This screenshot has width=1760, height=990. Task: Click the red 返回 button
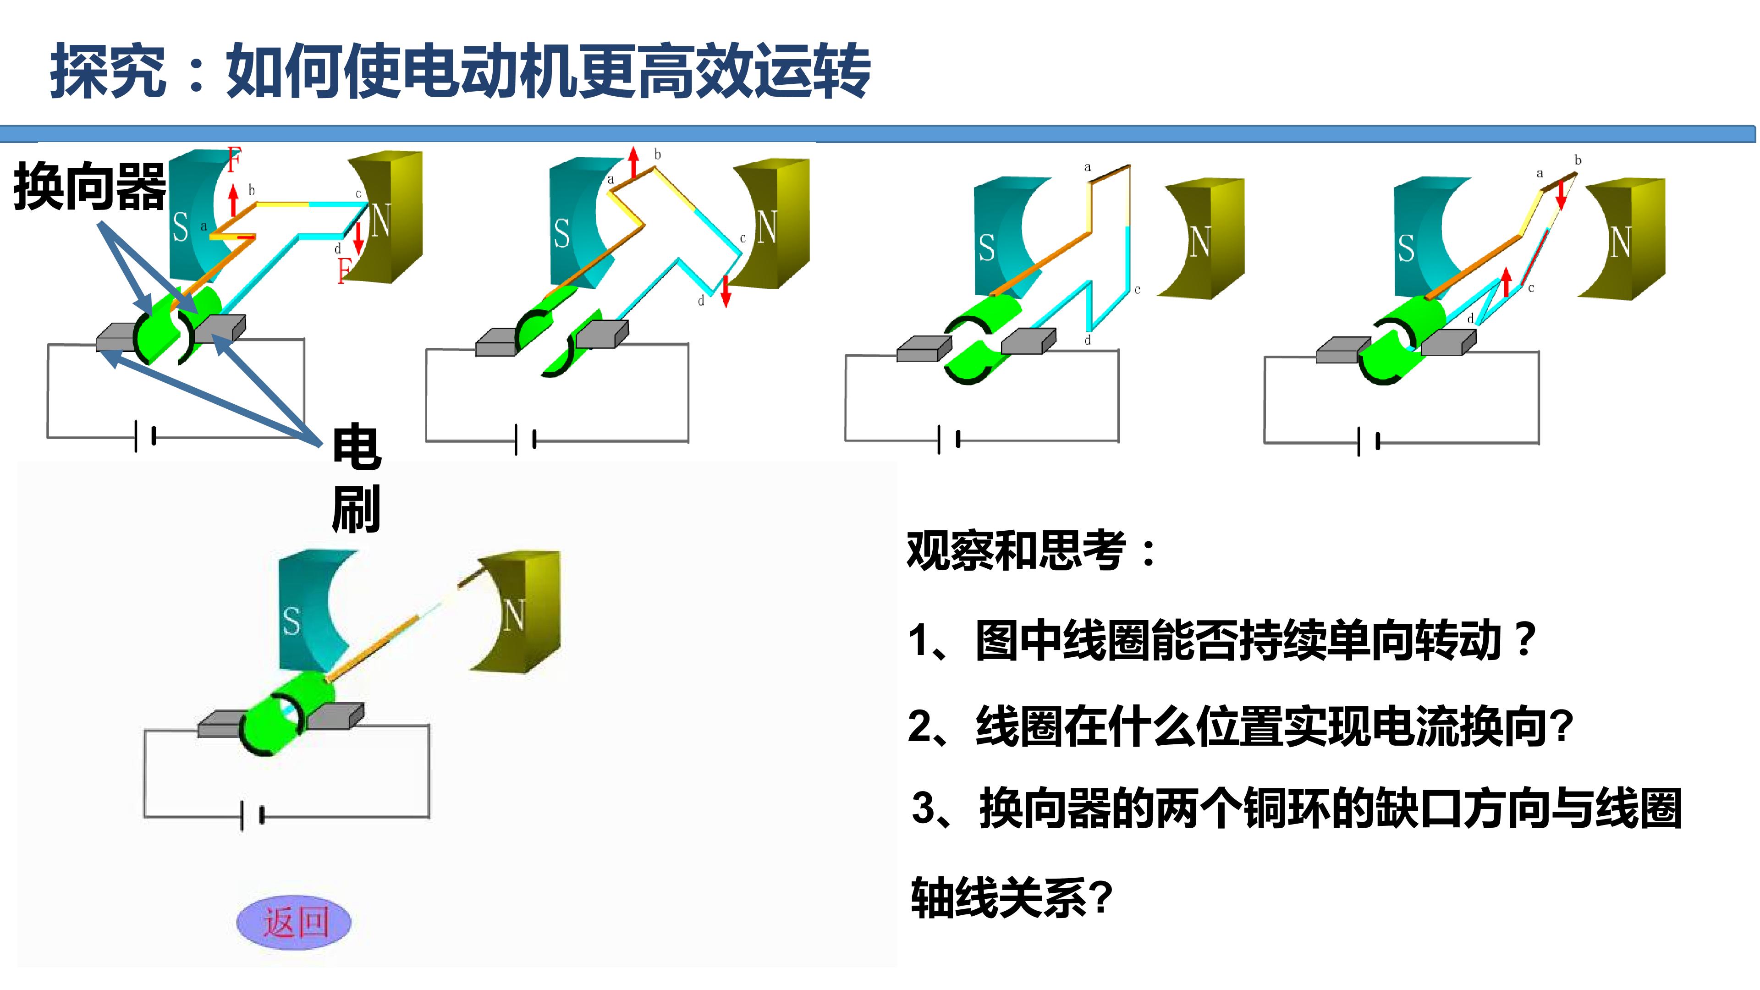[x=294, y=922]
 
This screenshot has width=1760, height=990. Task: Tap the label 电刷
[x=356, y=478]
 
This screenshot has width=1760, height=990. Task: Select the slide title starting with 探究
[x=460, y=71]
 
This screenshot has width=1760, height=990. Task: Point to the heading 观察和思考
[x=1031, y=550]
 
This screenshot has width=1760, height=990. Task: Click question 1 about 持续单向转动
[x=1222, y=640]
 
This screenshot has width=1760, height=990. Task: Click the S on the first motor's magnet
[x=181, y=227]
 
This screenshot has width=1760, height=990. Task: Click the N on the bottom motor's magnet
[x=514, y=615]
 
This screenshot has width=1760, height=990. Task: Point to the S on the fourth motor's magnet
[x=1405, y=248]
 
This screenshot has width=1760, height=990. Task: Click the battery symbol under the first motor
[x=145, y=436]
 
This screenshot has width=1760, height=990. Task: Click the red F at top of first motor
[x=234, y=160]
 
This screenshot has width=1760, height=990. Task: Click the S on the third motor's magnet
[x=986, y=248]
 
